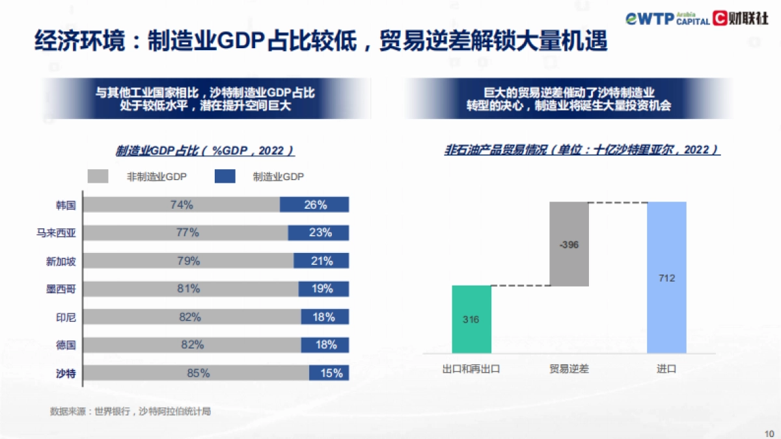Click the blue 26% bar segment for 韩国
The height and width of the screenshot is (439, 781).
(x=314, y=205)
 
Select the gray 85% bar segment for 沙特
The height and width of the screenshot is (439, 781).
(x=197, y=373)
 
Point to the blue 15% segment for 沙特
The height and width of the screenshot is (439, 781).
(x=329, y=373)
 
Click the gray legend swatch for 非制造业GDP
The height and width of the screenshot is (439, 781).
(x=98, y=176)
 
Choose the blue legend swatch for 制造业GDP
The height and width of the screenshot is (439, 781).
(x=225, y=176)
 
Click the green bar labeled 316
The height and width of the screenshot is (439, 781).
(x=471, y=319)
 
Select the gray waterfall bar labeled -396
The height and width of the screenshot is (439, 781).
(x=569, y=244)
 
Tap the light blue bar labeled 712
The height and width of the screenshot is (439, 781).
(x=666, y=278)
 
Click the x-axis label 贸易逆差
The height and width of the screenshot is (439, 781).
(x=569, y=369)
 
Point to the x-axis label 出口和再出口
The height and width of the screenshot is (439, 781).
(x=471, y=369)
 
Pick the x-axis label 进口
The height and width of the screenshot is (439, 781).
(x=666, y=369)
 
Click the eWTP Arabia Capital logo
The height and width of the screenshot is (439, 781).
(x=668, y=18)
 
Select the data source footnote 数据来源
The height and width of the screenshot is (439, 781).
(x=130, y=411)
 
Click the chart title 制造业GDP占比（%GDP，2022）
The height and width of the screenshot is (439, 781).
(x=206, y=151)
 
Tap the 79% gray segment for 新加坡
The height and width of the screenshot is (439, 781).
(x=189, y=261)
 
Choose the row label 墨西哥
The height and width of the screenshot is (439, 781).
(x=65, y=289)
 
